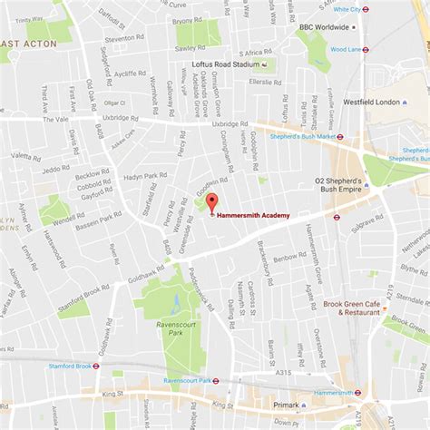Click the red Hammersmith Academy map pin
point(211,202)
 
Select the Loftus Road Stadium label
point(226,64)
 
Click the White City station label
point(346,9)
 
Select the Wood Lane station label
point(346,49)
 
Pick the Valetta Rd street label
point(24,155)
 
